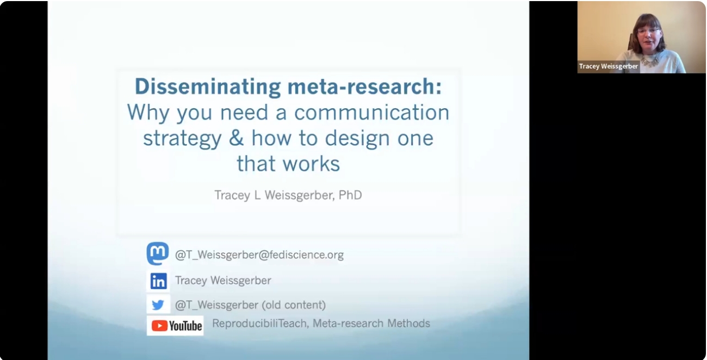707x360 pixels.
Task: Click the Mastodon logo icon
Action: point(158,254)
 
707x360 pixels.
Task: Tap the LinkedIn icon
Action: point(158,281)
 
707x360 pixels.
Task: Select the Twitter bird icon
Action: point(158,305)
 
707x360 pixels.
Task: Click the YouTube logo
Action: point(176,325)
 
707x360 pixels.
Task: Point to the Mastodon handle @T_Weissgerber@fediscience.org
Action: point(259,255)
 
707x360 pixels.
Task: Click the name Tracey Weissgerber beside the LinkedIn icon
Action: point(223,281)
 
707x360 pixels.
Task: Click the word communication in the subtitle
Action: point(372,113)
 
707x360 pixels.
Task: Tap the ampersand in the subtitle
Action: point(236,138)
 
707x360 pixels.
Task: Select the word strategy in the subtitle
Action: point(182,139)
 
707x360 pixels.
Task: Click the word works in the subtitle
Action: point(315,163)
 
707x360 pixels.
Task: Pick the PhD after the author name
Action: point(350,195)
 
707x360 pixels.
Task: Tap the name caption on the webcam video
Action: point(609,66)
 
